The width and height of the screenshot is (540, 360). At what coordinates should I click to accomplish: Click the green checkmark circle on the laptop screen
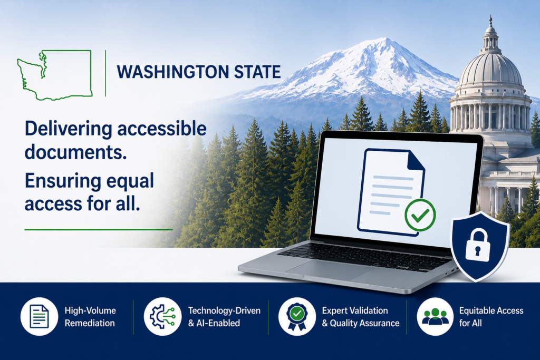click(420, 215)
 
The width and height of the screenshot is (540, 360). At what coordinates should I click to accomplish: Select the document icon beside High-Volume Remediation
click(39, 316)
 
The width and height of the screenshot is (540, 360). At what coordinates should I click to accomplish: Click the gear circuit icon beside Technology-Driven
click(162, 316)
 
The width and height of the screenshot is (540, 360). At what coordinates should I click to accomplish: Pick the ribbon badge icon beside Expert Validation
click(297, 317)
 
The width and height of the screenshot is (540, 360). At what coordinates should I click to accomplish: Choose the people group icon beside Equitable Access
click(435, 317)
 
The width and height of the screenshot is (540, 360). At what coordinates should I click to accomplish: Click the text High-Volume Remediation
click(90, 317)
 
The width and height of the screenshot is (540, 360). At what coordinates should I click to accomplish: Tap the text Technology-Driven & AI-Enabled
click(224, 317)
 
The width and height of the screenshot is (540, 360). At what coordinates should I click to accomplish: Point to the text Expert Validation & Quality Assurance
click(361, 317)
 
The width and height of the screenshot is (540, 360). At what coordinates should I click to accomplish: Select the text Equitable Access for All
click(491, 317)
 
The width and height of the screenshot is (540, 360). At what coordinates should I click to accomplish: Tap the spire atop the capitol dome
click(490, 21)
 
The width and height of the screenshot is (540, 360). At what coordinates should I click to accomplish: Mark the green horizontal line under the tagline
click(99, 229)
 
